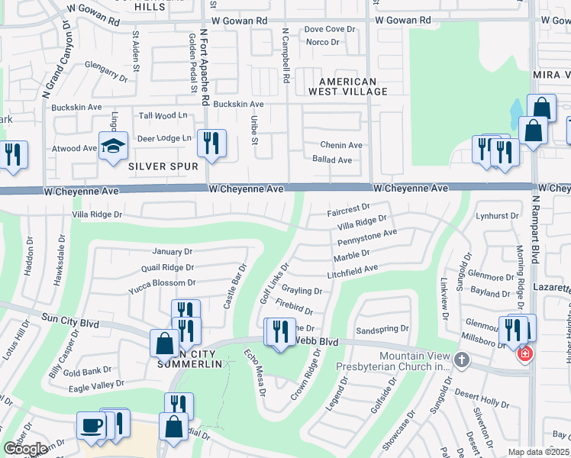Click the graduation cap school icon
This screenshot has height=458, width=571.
click(113, 147)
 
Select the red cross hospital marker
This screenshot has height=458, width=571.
click(524, 354)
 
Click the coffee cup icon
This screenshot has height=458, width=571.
click(91, 425)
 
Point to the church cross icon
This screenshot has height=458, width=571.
click(461, 360)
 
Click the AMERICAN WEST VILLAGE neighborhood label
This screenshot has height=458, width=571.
click(347, 86)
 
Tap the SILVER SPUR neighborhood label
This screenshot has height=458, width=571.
click(163, 166)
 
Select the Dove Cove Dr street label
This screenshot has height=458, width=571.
click(330, 29)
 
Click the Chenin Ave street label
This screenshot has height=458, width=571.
click(341, 145)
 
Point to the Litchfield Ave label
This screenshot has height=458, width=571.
click(353, 269)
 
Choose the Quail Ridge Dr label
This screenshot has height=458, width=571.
click(168, 267)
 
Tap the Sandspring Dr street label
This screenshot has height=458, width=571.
click(383, 329)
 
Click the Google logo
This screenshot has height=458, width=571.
click(25, 449)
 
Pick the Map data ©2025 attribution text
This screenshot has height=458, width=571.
click(539, 453)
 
